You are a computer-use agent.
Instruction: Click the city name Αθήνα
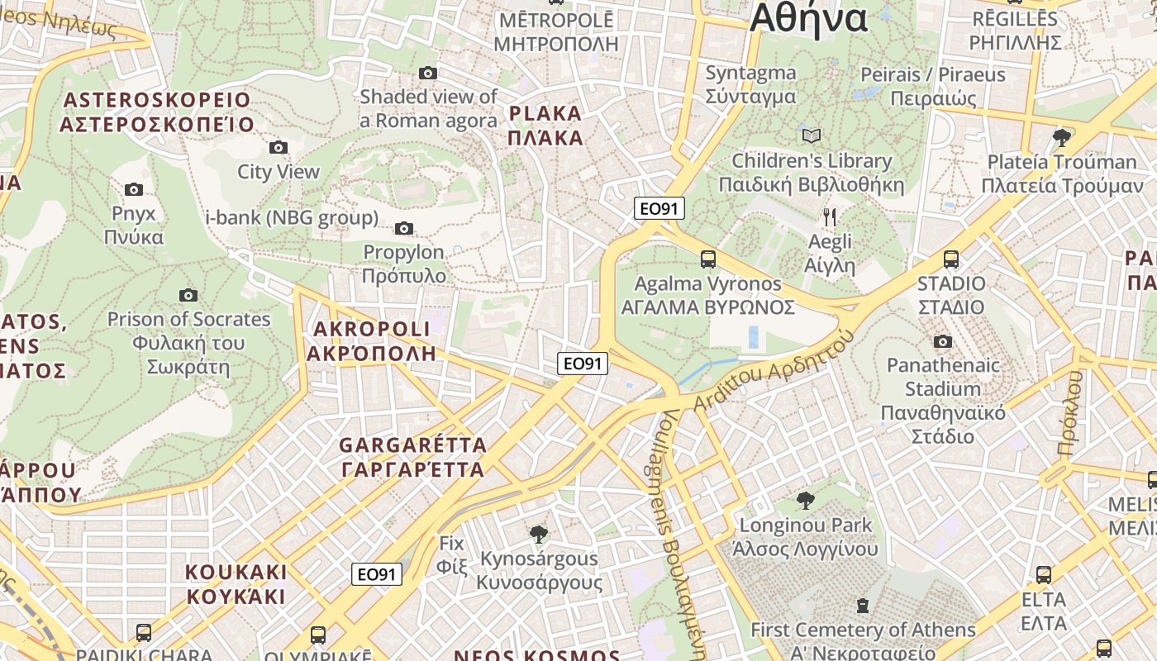click(808, 18)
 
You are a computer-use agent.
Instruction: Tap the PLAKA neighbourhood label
click(545, 126)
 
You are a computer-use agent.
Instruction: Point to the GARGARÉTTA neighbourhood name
click(412, 457)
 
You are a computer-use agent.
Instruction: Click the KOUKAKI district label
click(236, 583)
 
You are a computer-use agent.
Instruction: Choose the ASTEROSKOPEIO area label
click(156, 112)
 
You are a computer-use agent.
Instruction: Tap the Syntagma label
click(750, 83)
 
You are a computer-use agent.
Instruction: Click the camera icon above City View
click(279, 147)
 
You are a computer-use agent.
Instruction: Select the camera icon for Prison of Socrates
click(188, 295)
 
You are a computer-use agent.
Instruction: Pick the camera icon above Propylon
click(404, 228)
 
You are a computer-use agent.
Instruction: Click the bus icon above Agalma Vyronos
click(708, 259)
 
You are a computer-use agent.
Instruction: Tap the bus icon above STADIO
click(951, 259)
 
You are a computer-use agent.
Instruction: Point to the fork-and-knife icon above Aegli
click(830, 217)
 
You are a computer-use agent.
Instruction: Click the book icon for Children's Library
click(812, 136)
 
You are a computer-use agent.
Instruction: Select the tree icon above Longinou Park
click(805, 500)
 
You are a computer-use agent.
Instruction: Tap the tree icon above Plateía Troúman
click(1062, 137)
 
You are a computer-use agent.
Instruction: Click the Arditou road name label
click(773, 367)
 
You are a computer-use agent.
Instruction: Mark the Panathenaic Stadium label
click(942, 400)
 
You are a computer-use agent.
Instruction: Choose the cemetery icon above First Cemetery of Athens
click(863, 606)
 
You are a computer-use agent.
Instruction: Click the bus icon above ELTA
click(1044, 574)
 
